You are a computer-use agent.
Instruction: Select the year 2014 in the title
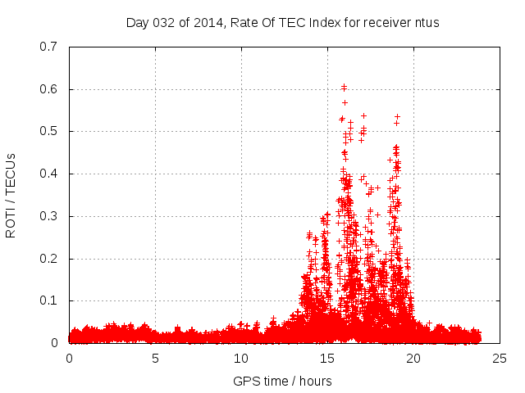205,22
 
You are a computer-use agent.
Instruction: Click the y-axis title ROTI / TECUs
11,195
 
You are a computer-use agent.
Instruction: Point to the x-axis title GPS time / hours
282,382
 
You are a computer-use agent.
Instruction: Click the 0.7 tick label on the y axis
51,47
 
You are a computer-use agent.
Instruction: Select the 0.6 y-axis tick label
51,89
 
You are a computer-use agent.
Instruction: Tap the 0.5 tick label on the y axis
51,131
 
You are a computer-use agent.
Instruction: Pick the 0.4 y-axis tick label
51,174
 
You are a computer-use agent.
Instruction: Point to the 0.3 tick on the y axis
51,216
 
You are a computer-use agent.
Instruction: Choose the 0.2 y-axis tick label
51,259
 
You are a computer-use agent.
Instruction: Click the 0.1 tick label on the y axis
51,300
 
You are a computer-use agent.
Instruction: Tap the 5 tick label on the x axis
155,359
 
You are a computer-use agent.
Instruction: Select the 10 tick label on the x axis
241,359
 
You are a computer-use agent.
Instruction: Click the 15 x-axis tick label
327,359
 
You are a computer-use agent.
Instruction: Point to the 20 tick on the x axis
413,359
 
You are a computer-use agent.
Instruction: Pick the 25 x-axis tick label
500,359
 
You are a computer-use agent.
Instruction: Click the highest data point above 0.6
344,85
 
